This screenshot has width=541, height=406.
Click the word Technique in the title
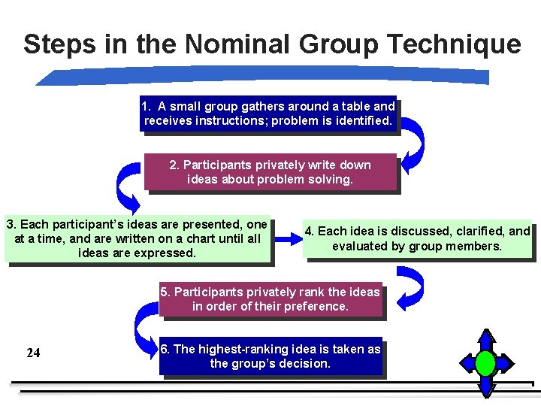(x=460, y=44)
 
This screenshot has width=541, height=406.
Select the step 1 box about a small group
(x=268, y=114)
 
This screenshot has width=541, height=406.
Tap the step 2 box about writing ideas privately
(x=270, y=172)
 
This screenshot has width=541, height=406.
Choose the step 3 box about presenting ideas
(x=137, y=238)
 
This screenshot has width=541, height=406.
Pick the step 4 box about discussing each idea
(x=417, y=238)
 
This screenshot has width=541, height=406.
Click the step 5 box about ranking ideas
(x=270, y=298)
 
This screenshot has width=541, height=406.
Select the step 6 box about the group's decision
(x=270, y=356)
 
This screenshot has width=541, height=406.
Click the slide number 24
(x=33, y=353)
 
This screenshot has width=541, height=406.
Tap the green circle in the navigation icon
(x=486, y=364)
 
